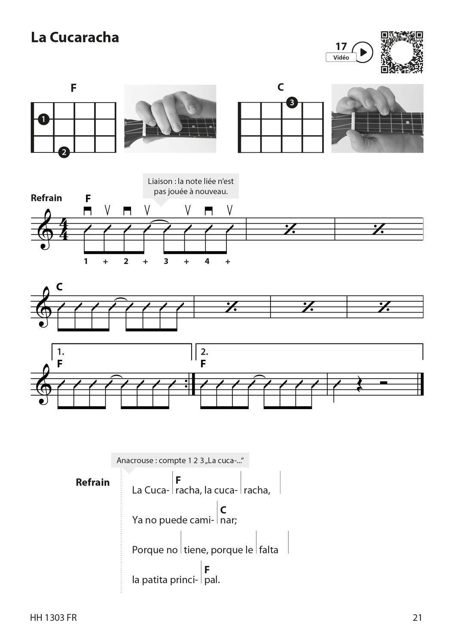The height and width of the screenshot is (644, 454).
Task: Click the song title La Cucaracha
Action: [75, 37]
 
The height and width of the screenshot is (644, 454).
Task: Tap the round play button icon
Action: [364, 52]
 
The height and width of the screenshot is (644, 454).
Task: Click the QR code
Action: [402, 52]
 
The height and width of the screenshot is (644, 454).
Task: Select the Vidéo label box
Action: [341, 58]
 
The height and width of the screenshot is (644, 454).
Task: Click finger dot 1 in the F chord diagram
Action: [43, 119]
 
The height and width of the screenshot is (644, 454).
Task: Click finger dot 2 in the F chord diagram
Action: [64, 152]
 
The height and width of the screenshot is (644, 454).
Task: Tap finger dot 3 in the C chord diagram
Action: [292, 103]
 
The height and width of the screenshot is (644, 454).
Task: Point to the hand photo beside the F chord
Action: [170, 118]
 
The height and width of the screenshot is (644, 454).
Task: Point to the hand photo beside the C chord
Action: [377, 118]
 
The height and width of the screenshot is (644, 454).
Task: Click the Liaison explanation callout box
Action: [191, 186]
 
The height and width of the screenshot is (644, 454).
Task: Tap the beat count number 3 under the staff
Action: [166, 261]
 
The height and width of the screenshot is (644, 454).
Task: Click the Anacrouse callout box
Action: [180, 461]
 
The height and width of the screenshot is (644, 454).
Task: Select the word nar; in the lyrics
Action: [228, 520]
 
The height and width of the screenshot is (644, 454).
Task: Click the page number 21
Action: [417, 617]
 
